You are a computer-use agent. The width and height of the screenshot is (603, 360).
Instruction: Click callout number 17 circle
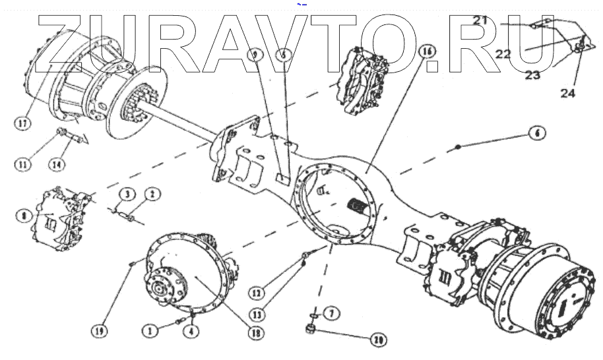tap(24, 122)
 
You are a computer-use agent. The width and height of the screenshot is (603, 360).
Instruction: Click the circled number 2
tap(152, 195)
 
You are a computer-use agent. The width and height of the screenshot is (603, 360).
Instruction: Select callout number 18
tap(253, 334)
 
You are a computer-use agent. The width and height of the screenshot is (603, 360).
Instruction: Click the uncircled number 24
tap(567, 93)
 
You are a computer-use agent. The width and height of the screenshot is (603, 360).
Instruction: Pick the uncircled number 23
tap(532, 75)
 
